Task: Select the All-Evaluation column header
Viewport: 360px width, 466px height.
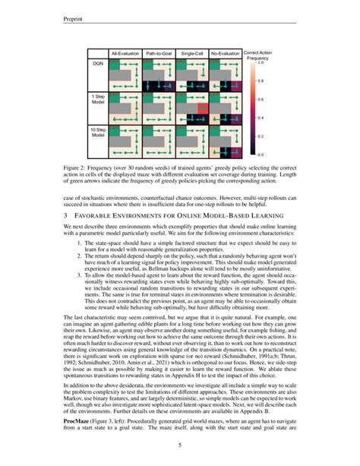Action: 125,53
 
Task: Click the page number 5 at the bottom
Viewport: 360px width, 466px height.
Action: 179,445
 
